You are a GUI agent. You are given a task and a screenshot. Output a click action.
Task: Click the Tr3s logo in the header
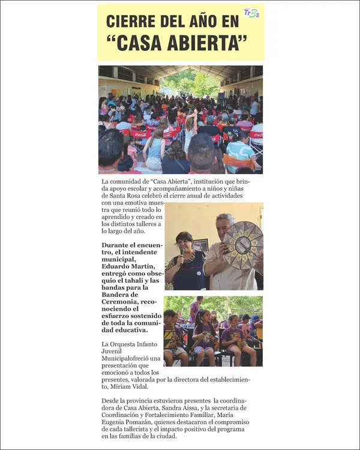coord(251,13)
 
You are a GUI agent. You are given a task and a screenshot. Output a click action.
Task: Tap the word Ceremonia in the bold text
coord(123,302)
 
